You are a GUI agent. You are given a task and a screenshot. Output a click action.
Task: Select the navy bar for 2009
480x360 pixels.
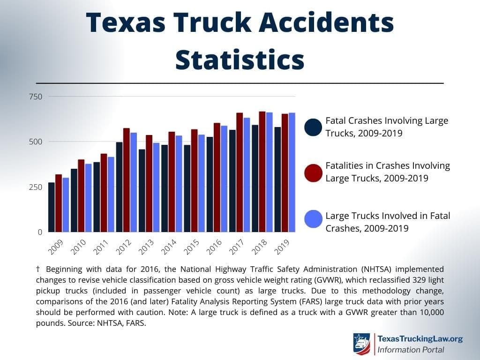coord(52,207)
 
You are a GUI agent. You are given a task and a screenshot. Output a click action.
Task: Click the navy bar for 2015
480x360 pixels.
coord(187,188)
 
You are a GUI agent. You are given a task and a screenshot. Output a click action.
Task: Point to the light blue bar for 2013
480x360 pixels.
coord(156,187)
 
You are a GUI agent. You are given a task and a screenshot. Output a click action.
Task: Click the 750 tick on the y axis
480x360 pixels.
coord(37,97)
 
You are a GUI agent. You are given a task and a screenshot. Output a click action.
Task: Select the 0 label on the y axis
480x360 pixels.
coord(40,232)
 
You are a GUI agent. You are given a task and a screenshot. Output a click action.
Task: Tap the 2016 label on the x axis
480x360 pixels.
coord(214,247)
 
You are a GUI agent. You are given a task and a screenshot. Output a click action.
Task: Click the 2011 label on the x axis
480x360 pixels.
coord(101,247)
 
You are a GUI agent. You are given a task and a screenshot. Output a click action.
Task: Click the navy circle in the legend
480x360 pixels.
coord(313,127)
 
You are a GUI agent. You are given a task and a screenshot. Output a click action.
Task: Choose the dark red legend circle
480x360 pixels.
coord(313,172)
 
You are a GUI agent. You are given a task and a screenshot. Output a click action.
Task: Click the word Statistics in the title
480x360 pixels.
coord(240,60)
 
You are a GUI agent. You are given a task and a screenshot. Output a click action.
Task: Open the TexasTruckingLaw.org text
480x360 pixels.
coord(420,339)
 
